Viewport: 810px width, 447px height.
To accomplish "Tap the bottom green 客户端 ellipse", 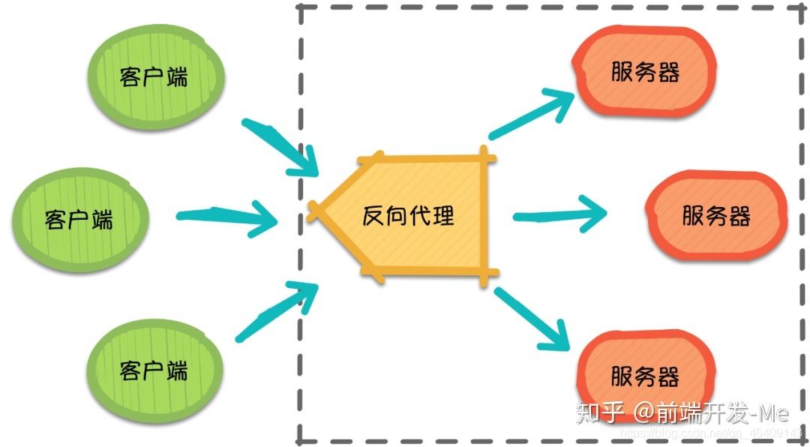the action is pos(155,370).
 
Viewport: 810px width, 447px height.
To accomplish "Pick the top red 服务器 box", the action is pos(645,72).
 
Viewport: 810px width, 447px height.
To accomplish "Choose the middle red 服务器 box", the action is pos(716,216).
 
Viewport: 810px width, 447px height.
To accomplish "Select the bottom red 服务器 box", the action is pos(645,375).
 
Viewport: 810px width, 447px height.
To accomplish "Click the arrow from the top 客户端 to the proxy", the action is pos(282,147).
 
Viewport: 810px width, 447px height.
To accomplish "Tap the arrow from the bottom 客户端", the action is pos(277,309).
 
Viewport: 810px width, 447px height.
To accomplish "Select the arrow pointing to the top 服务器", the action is pos(532,114).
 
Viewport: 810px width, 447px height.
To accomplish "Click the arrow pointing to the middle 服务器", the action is pos(559,216).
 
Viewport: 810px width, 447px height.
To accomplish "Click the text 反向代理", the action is pos(409,217).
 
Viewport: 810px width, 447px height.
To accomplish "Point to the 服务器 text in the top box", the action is pos(645,72).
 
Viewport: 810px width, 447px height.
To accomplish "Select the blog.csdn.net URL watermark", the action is pos(720,433).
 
